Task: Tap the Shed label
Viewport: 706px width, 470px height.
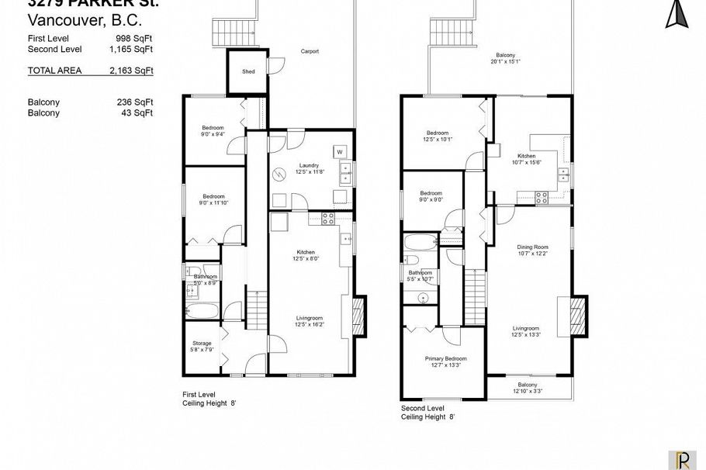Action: click(248, 71)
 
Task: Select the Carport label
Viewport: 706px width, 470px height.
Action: click(310, 52)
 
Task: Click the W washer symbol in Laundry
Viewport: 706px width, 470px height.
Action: click(339, 150)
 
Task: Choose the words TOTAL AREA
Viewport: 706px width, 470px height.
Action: click(54, 71)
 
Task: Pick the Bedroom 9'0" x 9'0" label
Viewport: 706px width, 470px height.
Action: click(431, 196)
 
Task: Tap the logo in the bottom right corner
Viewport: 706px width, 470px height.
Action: click(682, 459)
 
